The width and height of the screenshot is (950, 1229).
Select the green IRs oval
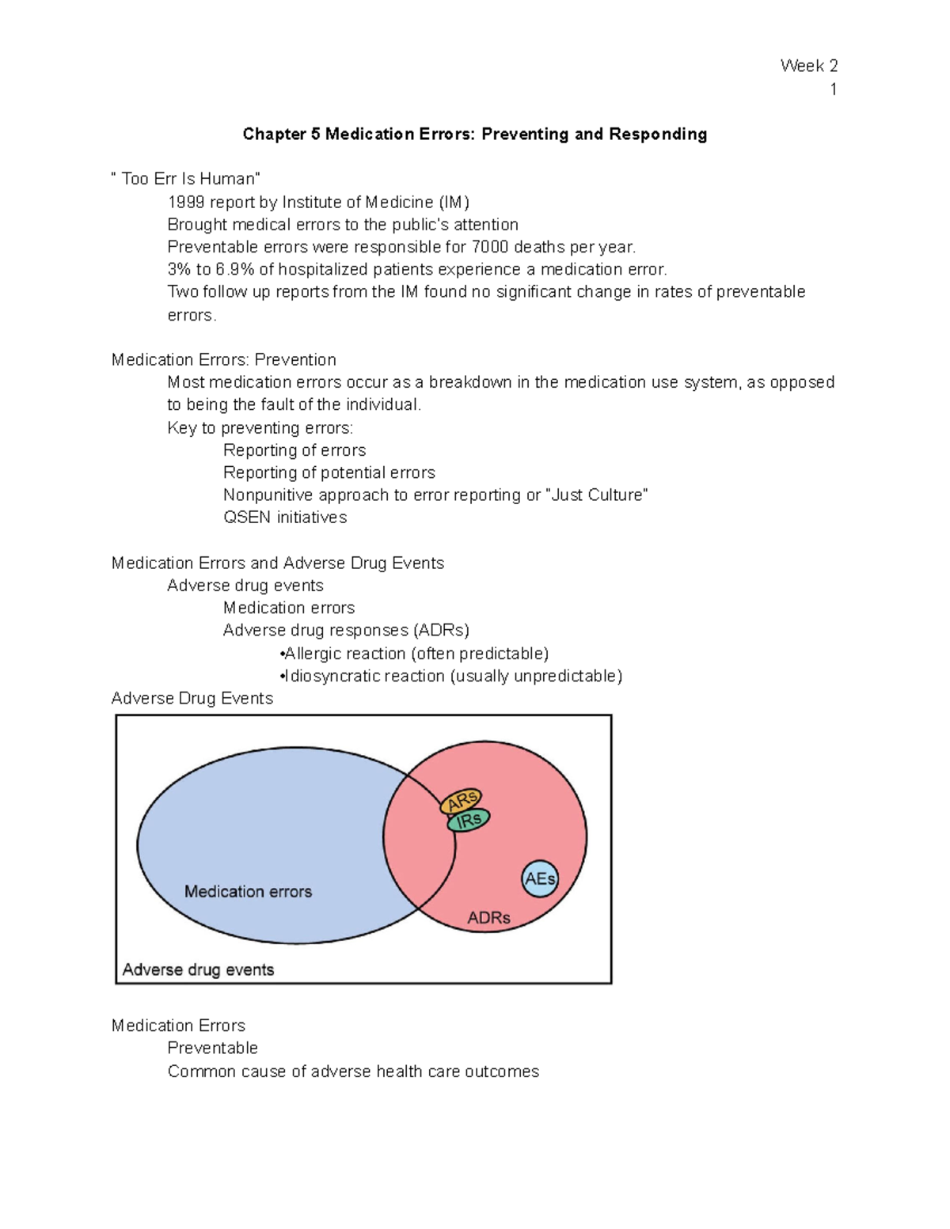coord(469,821)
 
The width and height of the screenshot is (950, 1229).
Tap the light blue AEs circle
coord(540,878)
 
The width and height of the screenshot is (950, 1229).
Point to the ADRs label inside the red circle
coord(488,918)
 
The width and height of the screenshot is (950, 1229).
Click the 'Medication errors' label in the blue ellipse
coord(248,892)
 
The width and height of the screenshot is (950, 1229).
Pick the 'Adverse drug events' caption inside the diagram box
coord(198,969)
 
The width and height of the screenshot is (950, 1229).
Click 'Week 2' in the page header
coord(808,66)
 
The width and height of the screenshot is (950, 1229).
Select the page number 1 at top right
coord(833,89)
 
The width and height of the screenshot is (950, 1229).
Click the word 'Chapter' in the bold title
coord(274,135)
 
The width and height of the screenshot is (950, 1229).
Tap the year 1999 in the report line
coord(186,203)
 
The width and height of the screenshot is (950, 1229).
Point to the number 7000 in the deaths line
coord(490,247)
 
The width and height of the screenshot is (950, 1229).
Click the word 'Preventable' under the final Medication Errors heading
coord(212,1048)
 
